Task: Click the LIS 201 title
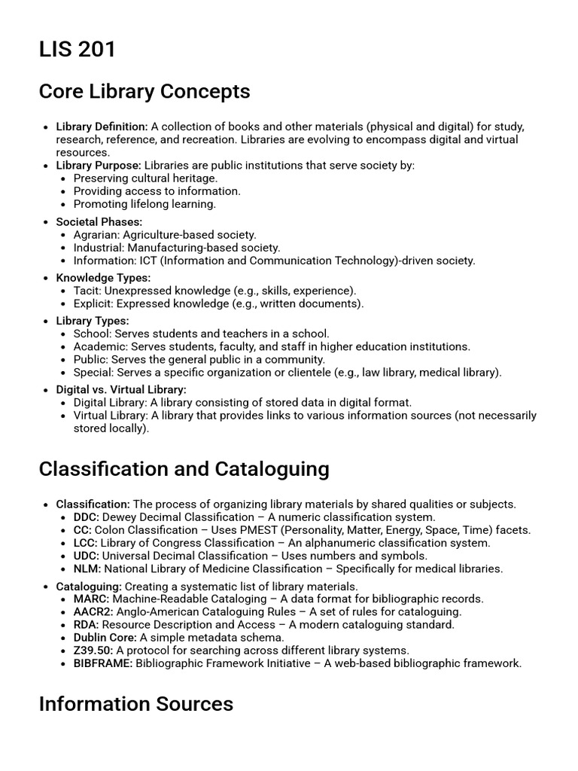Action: coord(78,50)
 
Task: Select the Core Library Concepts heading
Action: coord(144,92)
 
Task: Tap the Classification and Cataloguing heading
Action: coord(184,469)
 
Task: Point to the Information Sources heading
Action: coord(135,704)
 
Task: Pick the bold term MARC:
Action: coord(91,599)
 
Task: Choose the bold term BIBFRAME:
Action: coord(102,663)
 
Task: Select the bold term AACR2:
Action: coord(93,611)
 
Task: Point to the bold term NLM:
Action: coord(87,568)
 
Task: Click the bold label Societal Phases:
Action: coord(99,222)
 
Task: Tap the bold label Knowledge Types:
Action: coord(103,278)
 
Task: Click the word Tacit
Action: coord(87,291)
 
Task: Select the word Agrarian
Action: coord(96,235)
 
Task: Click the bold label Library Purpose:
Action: coord(98,165)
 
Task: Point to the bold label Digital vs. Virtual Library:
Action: coord(121,390)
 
